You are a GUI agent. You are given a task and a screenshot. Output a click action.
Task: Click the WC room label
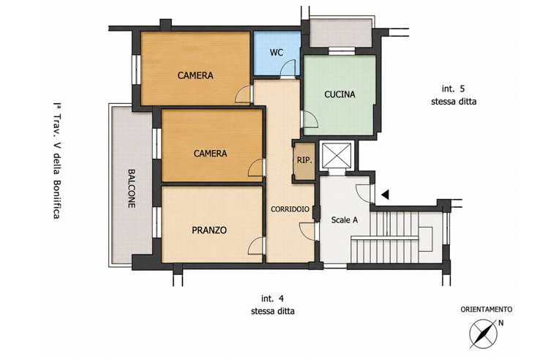(x=277, y=53)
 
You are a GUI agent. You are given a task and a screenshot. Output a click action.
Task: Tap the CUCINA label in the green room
(x=339, y=94)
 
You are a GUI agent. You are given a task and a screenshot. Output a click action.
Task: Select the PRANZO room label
(x=209, y=230)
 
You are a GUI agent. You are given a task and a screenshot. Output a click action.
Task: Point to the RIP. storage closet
(x=304, y=160)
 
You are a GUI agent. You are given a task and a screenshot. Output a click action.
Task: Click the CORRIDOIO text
(x=290, y=209)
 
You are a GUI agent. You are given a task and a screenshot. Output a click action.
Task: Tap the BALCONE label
(x=132, y=189)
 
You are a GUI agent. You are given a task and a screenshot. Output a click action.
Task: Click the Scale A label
(x=345, y=220)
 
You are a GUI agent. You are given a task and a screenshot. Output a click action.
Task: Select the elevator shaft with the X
(x=336, y=155)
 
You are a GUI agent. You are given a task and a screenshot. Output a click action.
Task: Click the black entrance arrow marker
(x=385, y=195)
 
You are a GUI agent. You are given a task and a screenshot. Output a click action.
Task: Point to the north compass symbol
(x=483, y=334)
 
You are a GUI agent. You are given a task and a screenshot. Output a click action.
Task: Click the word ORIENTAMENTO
(x=487, y=310)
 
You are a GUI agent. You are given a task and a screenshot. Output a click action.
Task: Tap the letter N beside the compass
(x=501, y=323)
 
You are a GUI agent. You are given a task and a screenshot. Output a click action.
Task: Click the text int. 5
(x=454, y=89)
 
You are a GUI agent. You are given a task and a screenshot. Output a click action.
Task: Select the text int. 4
(x=273, y=299)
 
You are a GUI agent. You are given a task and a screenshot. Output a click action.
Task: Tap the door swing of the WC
(x=288, y=69)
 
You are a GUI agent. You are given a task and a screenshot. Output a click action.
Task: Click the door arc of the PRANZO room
(x=256, y=246)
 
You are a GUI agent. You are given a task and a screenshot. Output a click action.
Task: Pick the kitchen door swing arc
(x=309, y=119)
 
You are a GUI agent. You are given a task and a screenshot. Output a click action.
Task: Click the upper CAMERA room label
(x=195, y=75)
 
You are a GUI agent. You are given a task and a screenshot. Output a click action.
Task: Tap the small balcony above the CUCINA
(x=340, y=33)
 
